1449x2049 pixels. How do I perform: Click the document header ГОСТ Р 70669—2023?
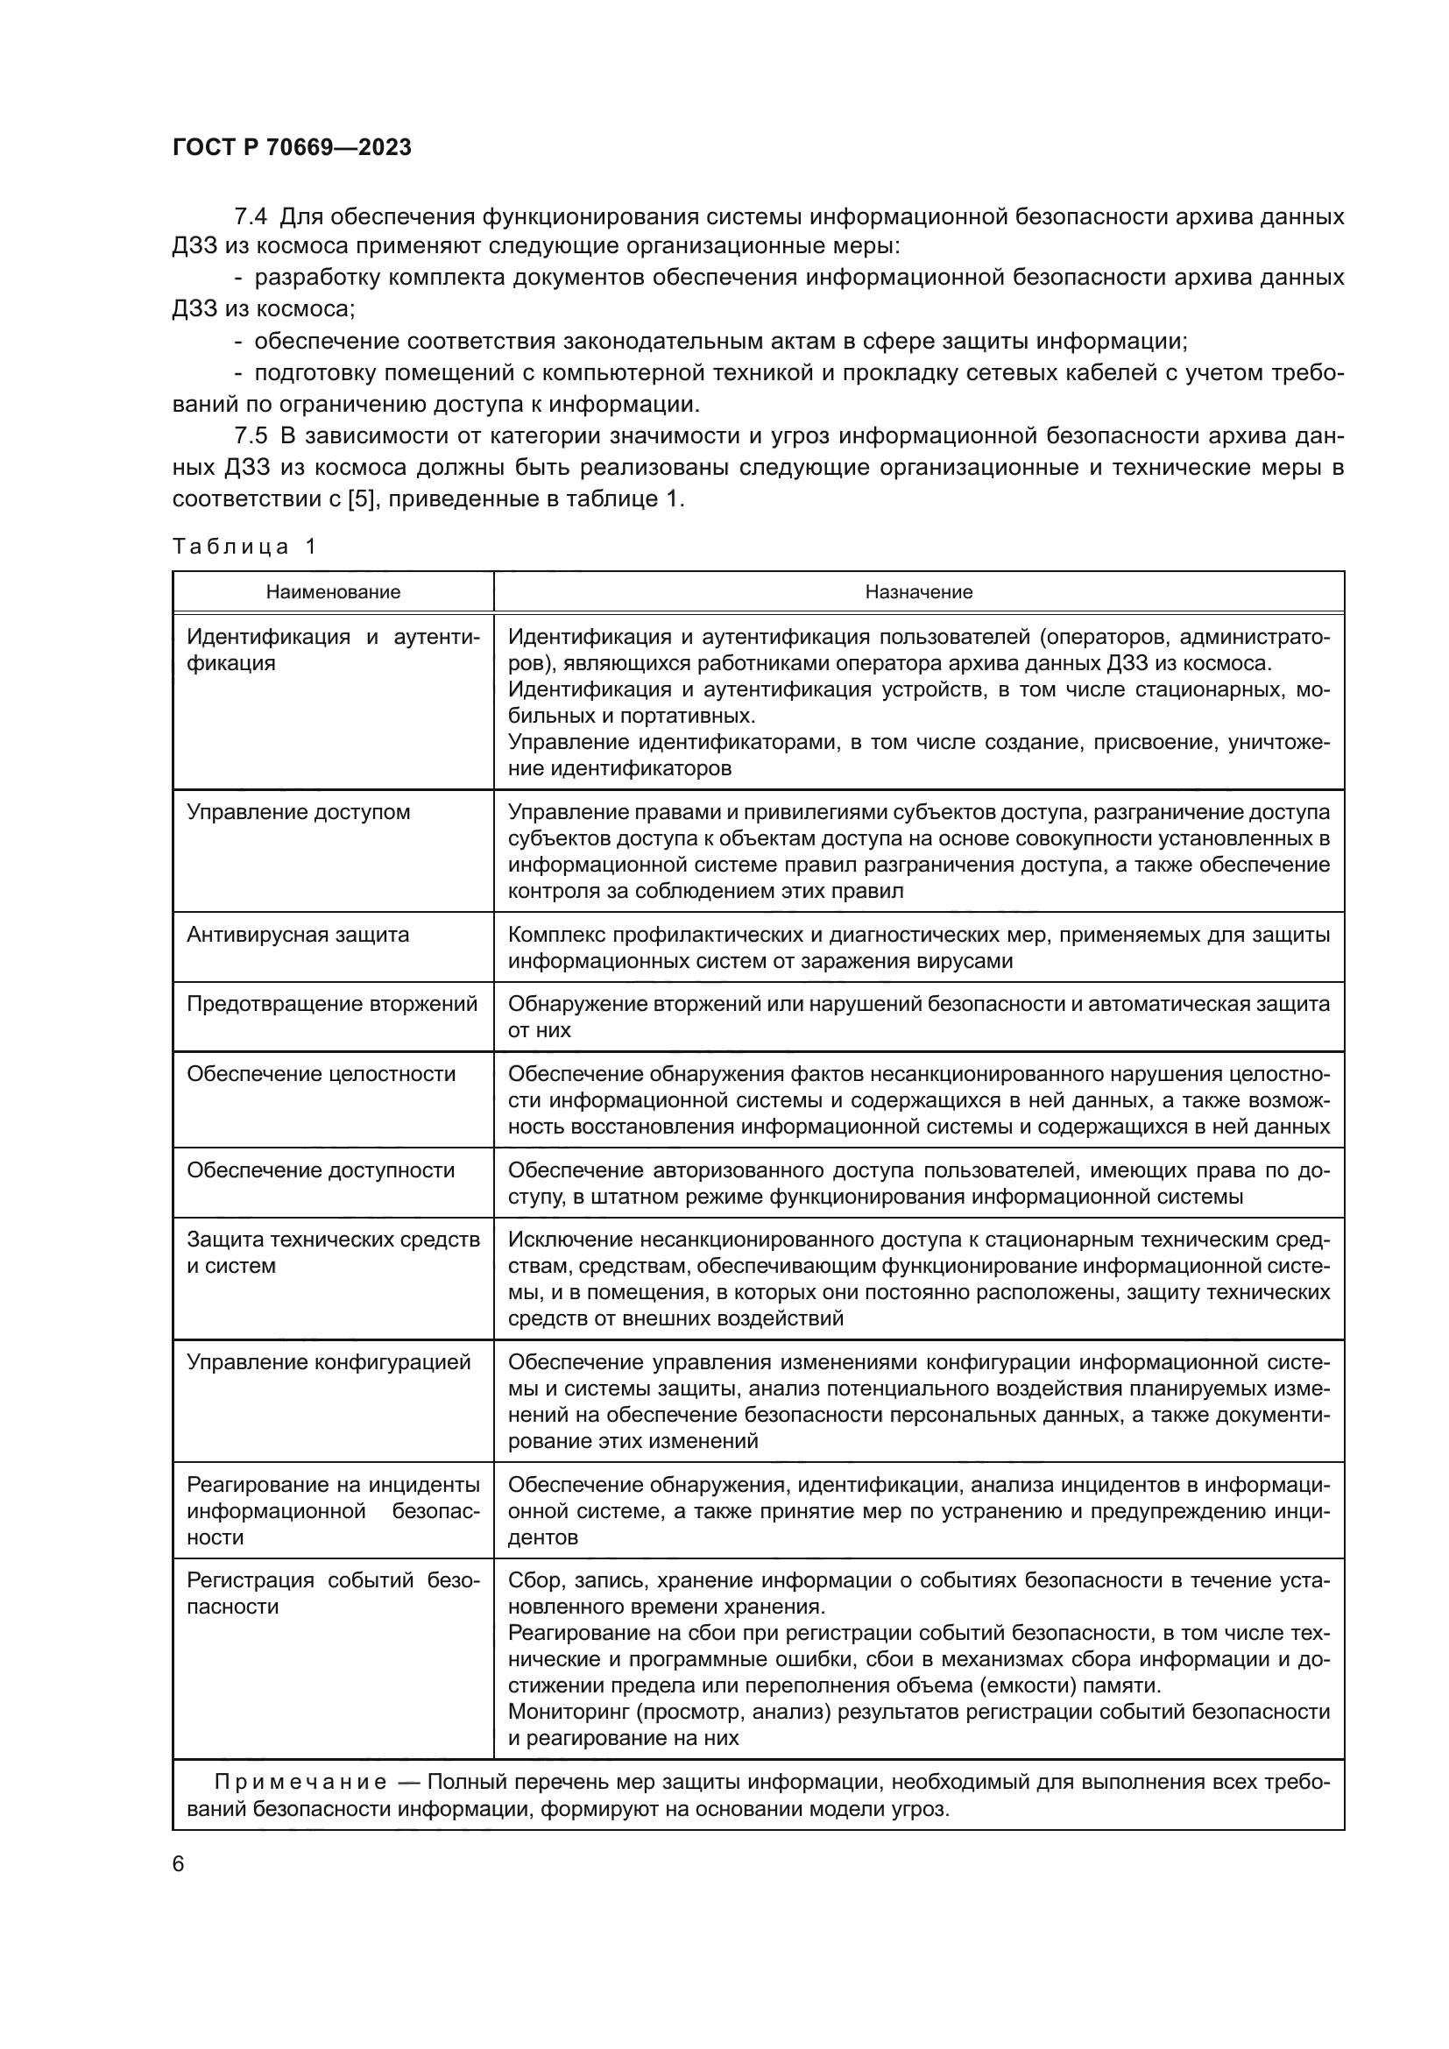point(292,148)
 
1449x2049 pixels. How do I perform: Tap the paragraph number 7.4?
point(251,217)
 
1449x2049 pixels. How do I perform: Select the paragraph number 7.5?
point(251,436)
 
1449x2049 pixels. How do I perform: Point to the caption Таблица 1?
point(244,547)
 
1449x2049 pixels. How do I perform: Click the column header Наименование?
point(333,592)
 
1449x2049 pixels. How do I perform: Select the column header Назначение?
point(918,592)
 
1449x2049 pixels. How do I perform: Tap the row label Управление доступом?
point(298,812)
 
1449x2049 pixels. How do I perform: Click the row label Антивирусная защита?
point(297,935)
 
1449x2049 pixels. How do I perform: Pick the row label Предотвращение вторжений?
point(332,1004)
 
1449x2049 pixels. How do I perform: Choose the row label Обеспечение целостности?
point(321,1074)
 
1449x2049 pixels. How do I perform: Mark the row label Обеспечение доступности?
point(321,1170)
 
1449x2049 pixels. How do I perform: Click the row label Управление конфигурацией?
point(329,1363)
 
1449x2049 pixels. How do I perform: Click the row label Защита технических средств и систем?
point(333,1253)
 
